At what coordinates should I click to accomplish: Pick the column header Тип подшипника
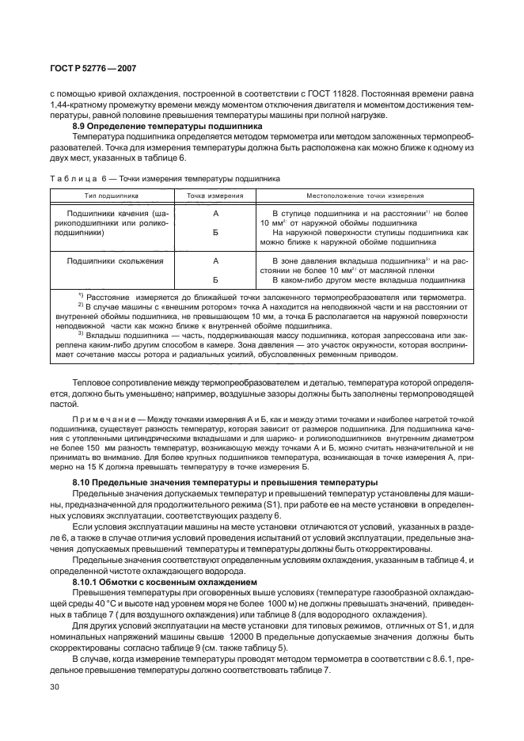click(112, 195)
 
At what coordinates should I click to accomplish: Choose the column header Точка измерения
click(215, 195)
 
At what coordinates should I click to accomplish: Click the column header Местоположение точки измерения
click(365, 195)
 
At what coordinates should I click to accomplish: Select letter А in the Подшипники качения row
click(215, 215)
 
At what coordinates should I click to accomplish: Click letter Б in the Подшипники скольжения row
click(215, 279)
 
